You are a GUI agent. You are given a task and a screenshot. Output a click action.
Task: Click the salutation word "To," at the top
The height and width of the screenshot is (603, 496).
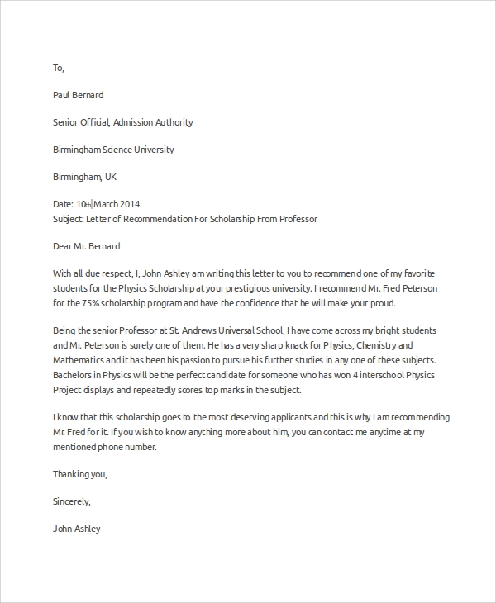click(58, 68)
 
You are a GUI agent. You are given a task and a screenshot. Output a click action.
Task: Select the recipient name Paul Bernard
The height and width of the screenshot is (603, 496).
click(79, 95)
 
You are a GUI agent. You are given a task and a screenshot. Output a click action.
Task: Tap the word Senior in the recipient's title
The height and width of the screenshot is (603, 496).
click(67, 122)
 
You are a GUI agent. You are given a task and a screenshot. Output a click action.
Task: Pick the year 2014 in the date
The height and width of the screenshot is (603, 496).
click(130, 204)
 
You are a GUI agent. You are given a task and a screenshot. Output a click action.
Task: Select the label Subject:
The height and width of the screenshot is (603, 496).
click(69, 219)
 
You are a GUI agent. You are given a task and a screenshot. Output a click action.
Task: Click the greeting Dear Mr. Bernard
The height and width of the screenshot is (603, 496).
click(86, 246)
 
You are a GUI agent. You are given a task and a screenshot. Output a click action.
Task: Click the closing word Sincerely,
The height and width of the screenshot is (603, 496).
click(72, 501)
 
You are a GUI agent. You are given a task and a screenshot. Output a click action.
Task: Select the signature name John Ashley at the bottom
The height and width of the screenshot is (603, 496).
click(76, 529)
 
